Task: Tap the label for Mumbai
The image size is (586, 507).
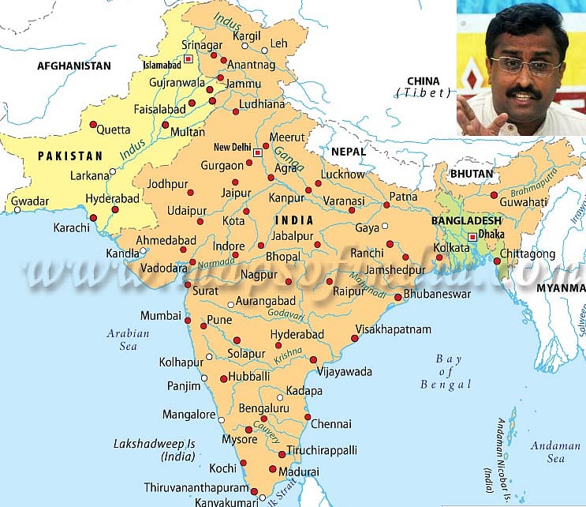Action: pos(161,315)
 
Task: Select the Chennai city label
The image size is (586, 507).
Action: pos(331,424)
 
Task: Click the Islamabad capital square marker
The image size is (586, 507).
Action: pos(188,58)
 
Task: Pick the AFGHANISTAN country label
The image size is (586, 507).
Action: pos(74,66)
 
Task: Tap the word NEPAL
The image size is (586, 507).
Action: pos(348,151)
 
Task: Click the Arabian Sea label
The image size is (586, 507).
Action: pos(128,340)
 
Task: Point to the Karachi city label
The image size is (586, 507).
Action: pos(72,229)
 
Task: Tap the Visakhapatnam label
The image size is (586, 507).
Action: pos(394,329)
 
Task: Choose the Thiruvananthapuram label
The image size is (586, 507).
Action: pos(195,487)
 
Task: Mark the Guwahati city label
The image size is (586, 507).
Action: pos(523,201)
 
